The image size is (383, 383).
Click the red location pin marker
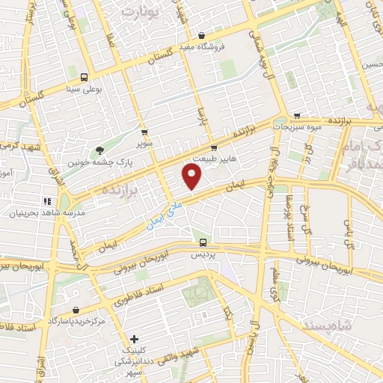coord(193,177)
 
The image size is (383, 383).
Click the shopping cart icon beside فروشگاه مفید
coord(202,34)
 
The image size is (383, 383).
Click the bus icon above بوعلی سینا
coord(83,77)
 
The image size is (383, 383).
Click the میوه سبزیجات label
coord(296,127)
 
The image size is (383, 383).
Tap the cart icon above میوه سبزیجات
coord(298,116)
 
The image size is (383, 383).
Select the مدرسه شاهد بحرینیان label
coord(38,213)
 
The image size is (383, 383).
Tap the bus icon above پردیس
coord(203,242)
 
